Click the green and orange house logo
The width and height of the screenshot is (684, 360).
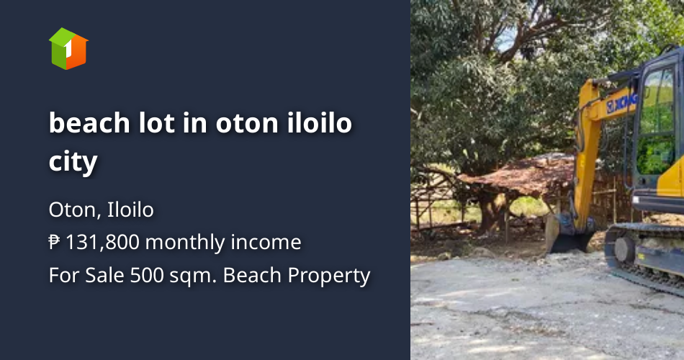(x=68, y=49)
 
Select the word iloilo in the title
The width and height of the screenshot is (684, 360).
(x=318, y=124)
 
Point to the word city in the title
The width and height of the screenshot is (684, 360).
(x=73, y=161)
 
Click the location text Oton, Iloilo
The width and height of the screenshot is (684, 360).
(x=101, y=210)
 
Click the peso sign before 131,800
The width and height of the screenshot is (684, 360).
(x=55, y=243)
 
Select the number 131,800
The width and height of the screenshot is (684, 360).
(x=102, y=243)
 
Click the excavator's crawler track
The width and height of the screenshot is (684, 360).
(x=644, y=256)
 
